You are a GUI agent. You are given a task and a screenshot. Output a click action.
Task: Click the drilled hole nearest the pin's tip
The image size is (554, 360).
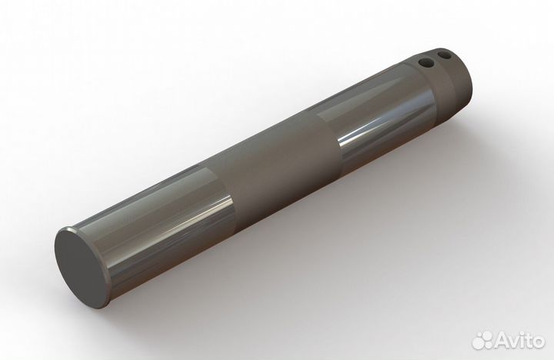[x=445, y=55]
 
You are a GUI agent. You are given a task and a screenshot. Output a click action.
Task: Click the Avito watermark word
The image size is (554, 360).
[x=519, y=339]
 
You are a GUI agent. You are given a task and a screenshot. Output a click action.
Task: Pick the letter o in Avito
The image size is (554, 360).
[x=539, y=341]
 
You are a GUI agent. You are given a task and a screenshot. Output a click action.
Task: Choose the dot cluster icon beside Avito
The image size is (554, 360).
[x=482, y=339]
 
